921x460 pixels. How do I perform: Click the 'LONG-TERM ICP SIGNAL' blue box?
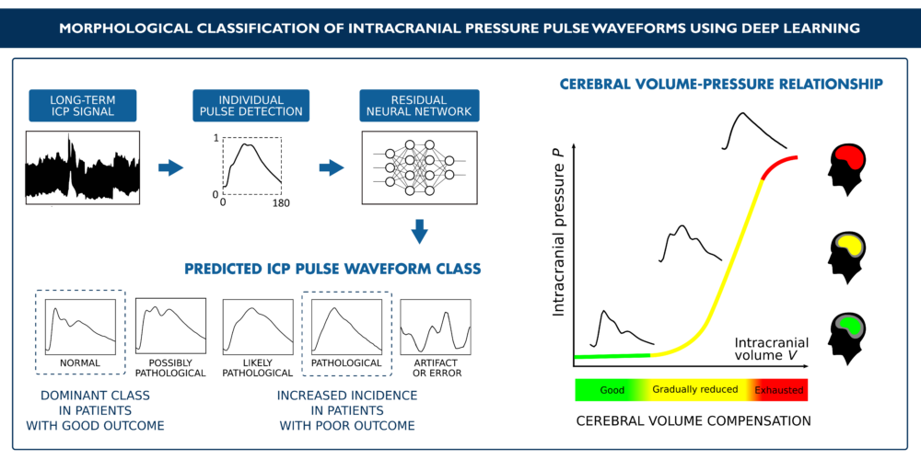(82, 106)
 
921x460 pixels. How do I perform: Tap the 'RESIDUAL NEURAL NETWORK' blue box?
(418, 106)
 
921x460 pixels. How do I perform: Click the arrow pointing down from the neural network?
(419, 231)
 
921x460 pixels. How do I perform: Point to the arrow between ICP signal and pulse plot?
(171, 168)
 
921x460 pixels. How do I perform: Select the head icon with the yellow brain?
(847, 257)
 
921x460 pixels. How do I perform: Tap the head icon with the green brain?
(847, 339)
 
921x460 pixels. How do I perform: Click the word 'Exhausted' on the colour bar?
(778, 389)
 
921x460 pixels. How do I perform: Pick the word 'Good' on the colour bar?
(612, 389)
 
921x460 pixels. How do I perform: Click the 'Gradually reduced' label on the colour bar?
(694, 390)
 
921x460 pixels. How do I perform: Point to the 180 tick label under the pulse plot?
(281, 203)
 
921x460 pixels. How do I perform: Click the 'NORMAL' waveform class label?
(80, 362)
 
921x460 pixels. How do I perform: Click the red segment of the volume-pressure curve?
(775, 165)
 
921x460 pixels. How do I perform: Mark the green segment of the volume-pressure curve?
(612, 355)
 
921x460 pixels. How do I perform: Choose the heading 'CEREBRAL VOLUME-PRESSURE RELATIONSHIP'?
(721, 85)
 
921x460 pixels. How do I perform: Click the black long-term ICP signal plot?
(83, 167)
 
